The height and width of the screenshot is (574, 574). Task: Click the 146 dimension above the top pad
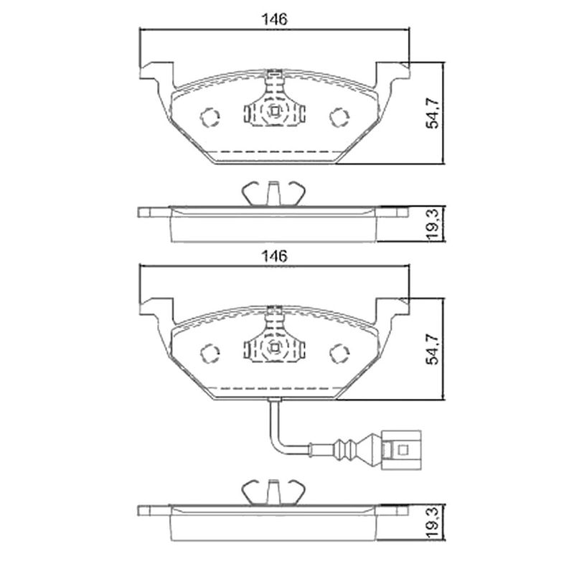click(275, 19)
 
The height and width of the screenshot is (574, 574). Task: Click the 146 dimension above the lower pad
click(275, 256)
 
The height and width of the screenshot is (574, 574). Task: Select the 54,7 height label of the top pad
click(433, 113)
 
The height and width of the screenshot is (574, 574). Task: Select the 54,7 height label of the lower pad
click(433, 349)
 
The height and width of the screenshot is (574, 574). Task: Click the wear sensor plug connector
click(401, 450)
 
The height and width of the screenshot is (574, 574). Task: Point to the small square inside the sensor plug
click(403, 450)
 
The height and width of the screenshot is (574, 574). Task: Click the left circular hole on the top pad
click(210, 117)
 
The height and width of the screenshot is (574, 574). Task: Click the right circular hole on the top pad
click(339, 117)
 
